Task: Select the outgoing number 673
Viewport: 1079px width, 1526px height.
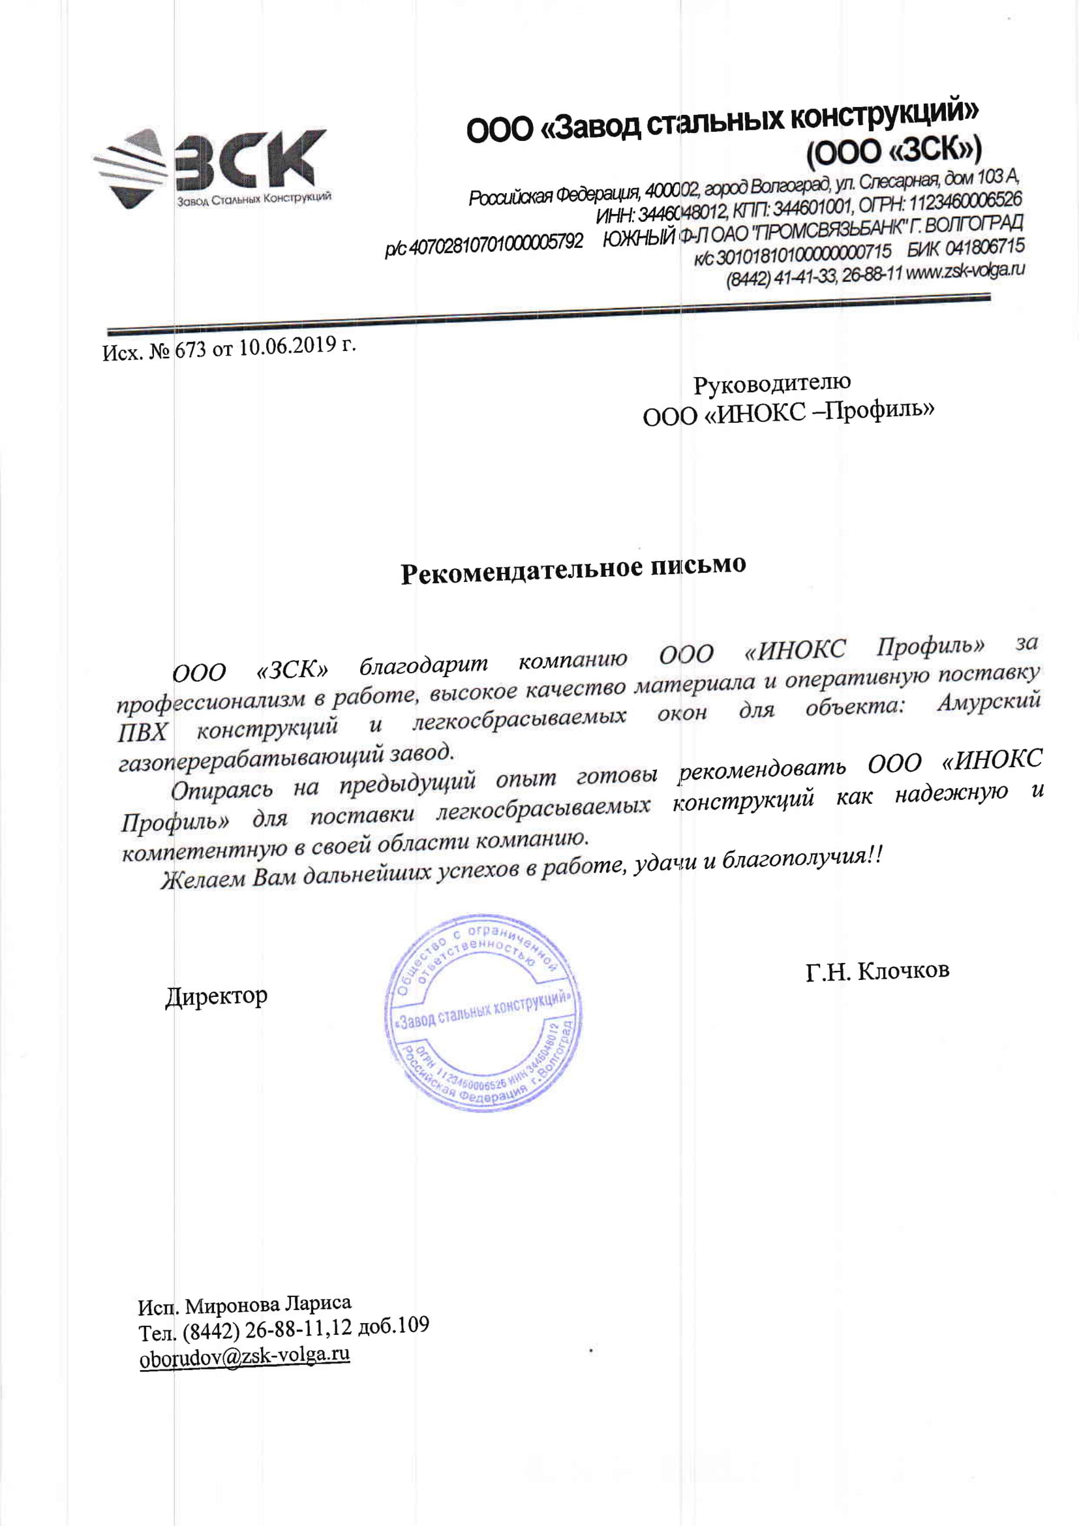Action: (x=190, y=350)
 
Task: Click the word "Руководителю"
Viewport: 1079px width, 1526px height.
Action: (x=771, y=384)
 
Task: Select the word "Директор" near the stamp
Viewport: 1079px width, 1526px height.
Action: (x=216, y=996)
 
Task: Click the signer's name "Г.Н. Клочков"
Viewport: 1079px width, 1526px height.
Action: (x=877, y=971)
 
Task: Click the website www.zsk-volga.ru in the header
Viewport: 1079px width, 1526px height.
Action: (x=965, y=271)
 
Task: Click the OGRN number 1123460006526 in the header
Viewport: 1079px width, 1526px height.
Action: (x=965, y=200)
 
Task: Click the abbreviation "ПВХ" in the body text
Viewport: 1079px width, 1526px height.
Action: (x=142, y=732)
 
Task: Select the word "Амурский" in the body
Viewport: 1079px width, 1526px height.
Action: (x=988, y=703)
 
